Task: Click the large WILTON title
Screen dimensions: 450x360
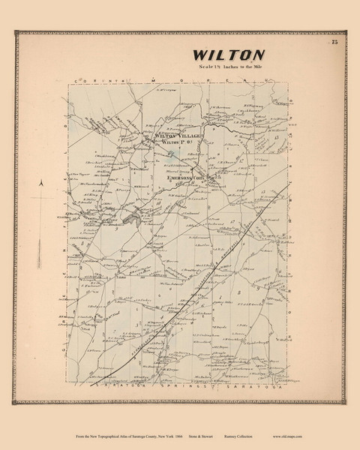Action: click(x=229, y=55)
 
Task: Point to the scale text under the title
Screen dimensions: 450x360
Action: click(x=229, y=67)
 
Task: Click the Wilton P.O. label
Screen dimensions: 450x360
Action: click(x=169, y=142)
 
